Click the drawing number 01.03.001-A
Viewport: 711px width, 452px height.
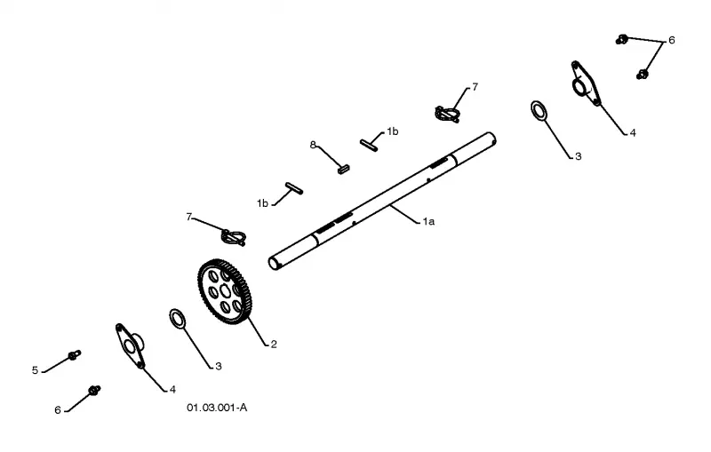click(x=217, y=408)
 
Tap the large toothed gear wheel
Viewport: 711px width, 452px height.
click(x=225, y=291)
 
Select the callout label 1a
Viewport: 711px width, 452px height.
click(x=428, y=221)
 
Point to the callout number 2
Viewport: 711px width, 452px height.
click(x=274, y=345)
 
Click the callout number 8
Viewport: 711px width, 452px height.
click(x=313, y=145)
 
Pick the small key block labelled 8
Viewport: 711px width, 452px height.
click(x=344, y=170)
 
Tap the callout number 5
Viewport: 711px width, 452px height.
click(x=35, y=370)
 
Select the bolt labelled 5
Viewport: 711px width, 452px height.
click(x=75, y=354)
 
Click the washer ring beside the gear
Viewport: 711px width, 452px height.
click(x=177, y=319)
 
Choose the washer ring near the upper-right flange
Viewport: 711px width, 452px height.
click(x=539, y=111)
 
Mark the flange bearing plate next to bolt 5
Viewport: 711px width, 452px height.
click(x=130, y=345)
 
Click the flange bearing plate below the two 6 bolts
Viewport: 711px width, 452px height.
click(x=586, y=83)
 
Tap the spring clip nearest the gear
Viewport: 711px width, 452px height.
click(x=234, y=237)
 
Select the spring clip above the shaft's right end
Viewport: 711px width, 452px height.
click(x=448, y=114)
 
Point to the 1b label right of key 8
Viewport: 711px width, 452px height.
click(x=393, y=131)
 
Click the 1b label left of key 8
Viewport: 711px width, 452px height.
click(x=262, y=203)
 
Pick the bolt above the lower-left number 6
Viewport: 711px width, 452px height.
click(x=94, y=390)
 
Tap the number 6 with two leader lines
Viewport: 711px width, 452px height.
click(x=672, y=40)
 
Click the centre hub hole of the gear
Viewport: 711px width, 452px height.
click(x=226, y=289)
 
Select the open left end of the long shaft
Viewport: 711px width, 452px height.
click(x=274, y=263)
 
